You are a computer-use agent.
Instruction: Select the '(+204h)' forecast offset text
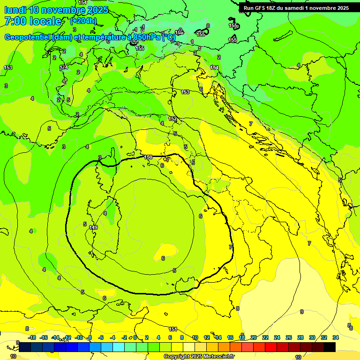83,21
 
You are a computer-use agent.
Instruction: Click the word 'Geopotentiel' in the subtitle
29,37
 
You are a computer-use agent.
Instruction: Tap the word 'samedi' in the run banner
294,8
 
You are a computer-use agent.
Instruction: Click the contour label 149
93,227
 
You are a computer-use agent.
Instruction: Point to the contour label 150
148,157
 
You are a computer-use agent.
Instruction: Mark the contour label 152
173,119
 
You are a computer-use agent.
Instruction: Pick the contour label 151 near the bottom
173,330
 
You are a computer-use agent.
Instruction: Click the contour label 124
64,67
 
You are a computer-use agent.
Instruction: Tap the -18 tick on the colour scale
32,337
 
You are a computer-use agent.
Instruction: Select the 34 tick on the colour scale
335,337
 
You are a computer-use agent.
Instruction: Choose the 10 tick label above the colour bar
195,337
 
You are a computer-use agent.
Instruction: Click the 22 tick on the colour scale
265,337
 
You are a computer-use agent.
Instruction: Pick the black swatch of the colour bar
330,347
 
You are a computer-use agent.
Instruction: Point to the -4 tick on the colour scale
112,337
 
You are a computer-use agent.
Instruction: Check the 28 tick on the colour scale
300,337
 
